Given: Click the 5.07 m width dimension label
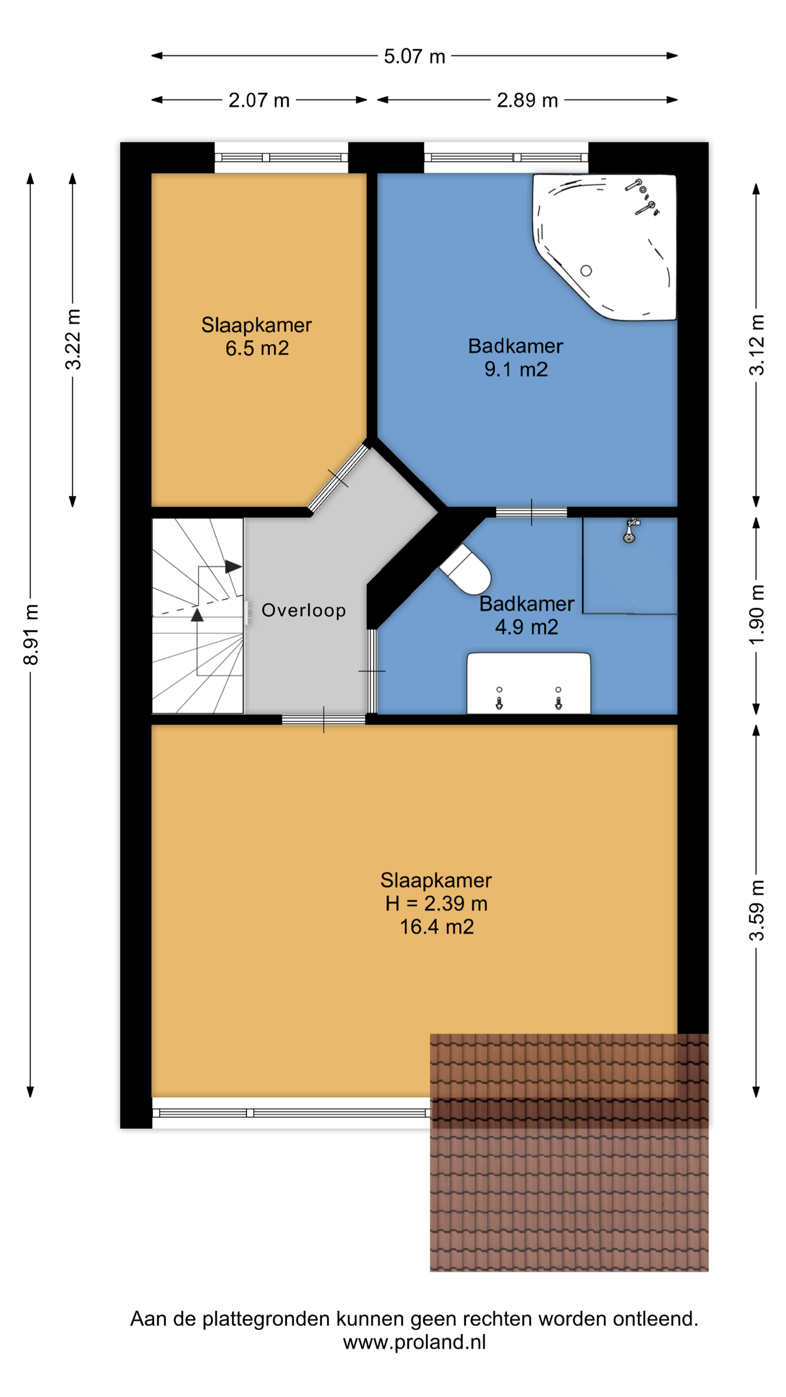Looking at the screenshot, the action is pos(414,56).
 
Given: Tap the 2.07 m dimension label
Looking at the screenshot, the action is pos(259,100).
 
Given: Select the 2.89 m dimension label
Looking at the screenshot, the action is pos(527,100).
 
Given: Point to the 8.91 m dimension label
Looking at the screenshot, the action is pos(31,634).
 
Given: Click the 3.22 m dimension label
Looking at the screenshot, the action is pos(73,340).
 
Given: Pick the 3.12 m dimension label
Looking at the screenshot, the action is pos(757,345).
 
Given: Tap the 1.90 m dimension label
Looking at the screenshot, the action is pos(757,615).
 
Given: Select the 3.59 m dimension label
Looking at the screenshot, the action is pos(757,910).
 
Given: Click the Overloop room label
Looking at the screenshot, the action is pos(304,610).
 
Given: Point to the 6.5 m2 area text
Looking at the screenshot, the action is pos(257,348).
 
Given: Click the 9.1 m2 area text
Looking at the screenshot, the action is pos(516,369).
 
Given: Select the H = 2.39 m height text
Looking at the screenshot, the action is pos(436,904).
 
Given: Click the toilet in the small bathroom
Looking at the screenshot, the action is pos(465,569).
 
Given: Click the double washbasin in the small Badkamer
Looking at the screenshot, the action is pos(529,683).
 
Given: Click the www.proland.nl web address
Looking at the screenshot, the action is pos(414,1342).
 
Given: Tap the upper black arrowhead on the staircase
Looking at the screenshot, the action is pos(233,567).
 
